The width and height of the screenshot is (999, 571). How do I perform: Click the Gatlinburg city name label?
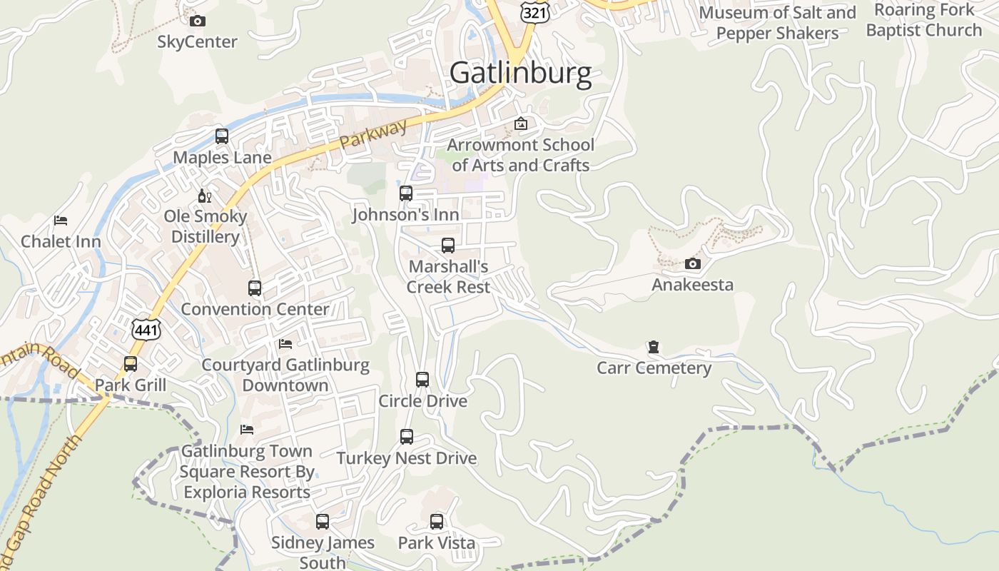coord(520,73)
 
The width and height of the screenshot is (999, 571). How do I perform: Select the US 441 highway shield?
coord(146,328)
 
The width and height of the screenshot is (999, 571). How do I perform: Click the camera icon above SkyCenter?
coord(198,21)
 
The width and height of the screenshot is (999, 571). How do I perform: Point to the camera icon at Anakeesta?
coord(692,264)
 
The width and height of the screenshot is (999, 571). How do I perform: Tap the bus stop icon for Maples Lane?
coord(222,136)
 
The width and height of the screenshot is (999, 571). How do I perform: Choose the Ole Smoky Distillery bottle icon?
coord(205,196)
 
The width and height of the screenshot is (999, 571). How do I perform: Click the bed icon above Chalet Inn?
coord(61,221)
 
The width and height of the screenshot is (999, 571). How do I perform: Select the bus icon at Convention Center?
coord(255,288)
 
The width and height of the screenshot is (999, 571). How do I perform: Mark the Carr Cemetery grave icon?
coord(653,348)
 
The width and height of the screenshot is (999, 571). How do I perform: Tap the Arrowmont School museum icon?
coord(521,123)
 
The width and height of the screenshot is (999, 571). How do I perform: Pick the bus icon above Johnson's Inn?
coord(405,193)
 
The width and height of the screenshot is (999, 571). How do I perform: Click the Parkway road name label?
coord(373,133)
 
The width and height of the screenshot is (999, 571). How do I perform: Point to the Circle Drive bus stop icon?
coord(422,380)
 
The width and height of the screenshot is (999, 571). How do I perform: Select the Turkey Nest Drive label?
coord(407,458)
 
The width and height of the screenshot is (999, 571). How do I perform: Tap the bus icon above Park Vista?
coord(437,522)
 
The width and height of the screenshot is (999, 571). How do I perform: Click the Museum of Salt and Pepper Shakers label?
coord(777,23)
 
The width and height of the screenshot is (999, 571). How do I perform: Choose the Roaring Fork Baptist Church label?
coord(924,20)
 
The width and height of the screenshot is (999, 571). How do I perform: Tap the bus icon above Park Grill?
coord(131,364)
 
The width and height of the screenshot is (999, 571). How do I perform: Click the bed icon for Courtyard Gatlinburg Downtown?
coord(285,344)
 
